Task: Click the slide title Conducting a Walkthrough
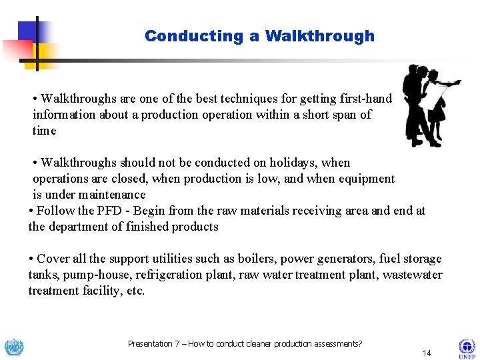pos(259,36)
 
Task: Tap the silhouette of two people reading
pos(429,105)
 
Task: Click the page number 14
pos(427,353)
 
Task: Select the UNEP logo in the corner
pos(466,349)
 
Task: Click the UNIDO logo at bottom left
pos(13,347)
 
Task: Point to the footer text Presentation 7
pos(153,344)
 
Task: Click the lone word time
pos(45,131)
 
